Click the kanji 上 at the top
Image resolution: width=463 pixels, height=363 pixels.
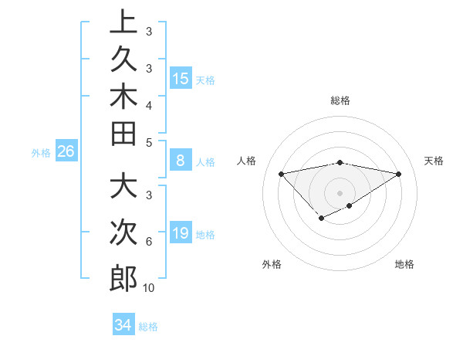click(123, 22)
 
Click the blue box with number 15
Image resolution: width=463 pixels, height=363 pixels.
click(181, 78)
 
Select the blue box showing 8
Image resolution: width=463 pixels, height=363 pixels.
click(181, 161)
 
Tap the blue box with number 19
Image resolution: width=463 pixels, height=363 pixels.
click(181, 233)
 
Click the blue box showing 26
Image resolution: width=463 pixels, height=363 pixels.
click(66, 151)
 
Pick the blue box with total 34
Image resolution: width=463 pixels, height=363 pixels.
click(123, 325)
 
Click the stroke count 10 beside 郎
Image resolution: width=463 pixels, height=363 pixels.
click(148, 288)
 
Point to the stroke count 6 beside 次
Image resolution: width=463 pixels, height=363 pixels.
click(148, 242)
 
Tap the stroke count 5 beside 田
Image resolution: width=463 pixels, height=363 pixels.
click(148, 142)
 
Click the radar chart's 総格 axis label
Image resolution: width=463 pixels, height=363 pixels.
click(340, 100)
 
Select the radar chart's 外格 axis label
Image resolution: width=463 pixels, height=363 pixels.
click(271, 264)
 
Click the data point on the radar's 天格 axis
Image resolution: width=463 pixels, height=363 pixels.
click(398, 174)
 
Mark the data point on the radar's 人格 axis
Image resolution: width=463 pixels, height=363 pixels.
click(281, 174)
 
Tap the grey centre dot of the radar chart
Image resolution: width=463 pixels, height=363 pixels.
click(340, 193)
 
